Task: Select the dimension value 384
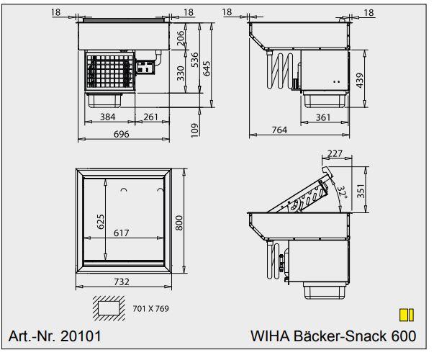click(x=108, y=116)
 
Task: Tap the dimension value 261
click(x=151, y=116)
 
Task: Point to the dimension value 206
click(x=181, y=35)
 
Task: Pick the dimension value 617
click(x=122, y=233)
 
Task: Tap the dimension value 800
click(x=181, y=225)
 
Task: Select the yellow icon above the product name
click(x=407, y=314)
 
